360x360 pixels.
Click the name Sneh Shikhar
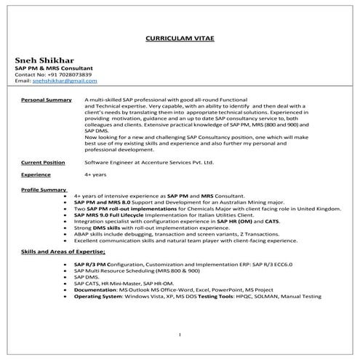(x=43, y=60)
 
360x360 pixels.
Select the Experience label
(x=36, y=175)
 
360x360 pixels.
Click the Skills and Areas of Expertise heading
(x=64, y=250)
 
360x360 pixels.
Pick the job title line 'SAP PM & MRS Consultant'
(x=51, y=68)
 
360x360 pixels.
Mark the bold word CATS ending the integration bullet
(x=271, y=220)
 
